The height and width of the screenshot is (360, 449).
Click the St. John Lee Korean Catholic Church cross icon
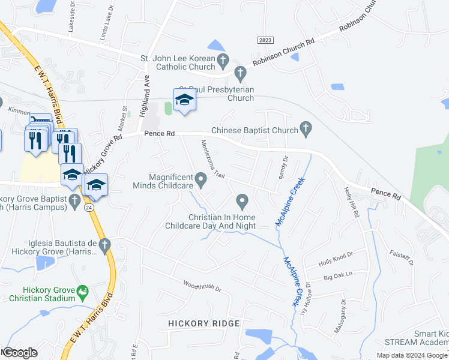[223, 59]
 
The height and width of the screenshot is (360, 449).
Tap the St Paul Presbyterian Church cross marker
[240, 74]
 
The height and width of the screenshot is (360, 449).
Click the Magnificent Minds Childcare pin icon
[201, 178]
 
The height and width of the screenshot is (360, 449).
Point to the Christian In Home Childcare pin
[242, 200]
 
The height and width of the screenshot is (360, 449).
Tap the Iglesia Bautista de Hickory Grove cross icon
[105, 245]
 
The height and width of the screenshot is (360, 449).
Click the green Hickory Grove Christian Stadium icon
[83, 292]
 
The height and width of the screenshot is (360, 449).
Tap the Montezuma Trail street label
[212, 160]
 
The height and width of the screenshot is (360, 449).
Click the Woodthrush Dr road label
[202, 286]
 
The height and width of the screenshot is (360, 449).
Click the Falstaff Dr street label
[402, 260]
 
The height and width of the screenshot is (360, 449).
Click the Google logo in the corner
[20, 353]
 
